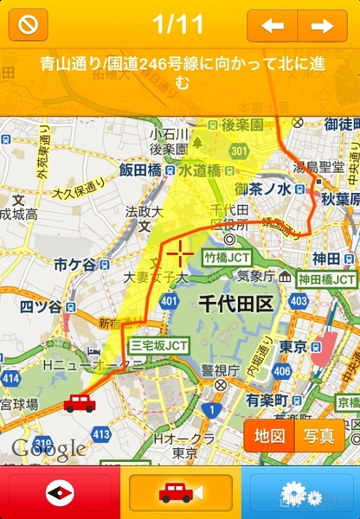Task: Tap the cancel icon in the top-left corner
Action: pos(29,25)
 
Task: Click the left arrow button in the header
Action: pos(273,26)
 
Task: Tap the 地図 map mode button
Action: pos(269,435)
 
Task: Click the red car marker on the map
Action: pos(80,402)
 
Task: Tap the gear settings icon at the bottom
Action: pos(300,494)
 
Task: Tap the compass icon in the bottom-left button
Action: pos(60,493)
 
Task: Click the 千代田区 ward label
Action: pos(235,304)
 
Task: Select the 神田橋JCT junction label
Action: pos(326,279)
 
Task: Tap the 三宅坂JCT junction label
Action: pos(160,344)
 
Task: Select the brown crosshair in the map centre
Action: pos(181,253)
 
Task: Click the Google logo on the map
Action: pos(48,447)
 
